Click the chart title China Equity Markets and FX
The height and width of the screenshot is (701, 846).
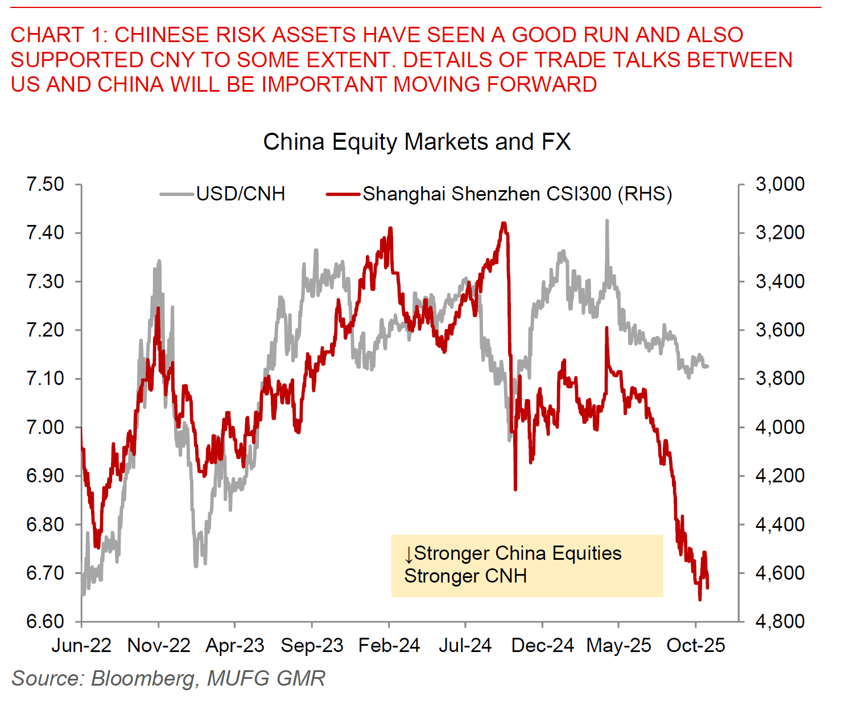tap(416, 142)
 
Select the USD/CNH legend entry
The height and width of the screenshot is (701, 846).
tap(240, 194)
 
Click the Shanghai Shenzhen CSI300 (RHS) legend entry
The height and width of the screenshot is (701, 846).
tap(517, 194)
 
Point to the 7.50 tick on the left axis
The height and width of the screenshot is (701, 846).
tap(46, 185)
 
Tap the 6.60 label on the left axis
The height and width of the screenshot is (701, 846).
tap(46, 621)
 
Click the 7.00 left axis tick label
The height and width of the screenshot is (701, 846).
tap(46, 427)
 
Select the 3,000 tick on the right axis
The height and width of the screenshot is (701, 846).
tap(779, 184)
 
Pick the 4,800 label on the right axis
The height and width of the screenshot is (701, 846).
tap(779, 621)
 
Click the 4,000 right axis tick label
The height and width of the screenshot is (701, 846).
tap(779, 427)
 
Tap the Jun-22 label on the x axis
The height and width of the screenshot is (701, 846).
tap(81, 646)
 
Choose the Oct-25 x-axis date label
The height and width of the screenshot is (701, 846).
tap(696, 646)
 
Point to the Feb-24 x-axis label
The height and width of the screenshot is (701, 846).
tap(389, 646)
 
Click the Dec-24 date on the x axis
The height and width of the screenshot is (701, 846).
tap(543, 646)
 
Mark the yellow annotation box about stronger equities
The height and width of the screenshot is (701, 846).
tap(527, 565)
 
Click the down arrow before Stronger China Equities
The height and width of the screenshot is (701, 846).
tap(408, 554)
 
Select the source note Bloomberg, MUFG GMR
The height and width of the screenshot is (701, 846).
tap(168, 678)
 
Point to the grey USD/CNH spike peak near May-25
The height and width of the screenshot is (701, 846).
tap(607, 221)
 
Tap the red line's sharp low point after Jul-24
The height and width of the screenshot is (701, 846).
tap(515, 489)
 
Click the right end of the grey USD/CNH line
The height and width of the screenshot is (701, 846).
tap(707, 366)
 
